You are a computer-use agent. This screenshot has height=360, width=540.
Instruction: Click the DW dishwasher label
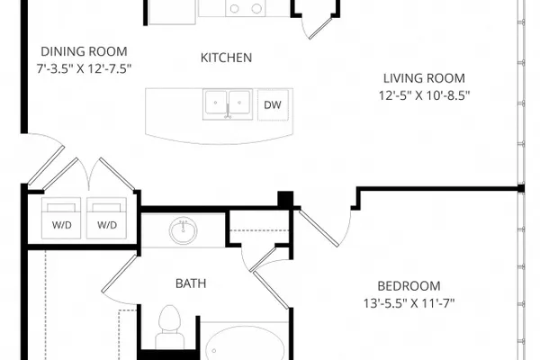(273, 104)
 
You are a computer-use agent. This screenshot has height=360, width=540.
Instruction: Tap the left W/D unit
(61, 218)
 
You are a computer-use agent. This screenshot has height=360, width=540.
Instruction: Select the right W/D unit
(107, 218)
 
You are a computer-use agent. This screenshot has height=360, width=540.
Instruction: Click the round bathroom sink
(184, 230)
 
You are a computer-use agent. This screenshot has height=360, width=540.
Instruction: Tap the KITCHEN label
(226, 58)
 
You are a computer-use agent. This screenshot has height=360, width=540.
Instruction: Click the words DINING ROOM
(84, 51)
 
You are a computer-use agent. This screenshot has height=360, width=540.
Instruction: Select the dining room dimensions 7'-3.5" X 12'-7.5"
(84, 68)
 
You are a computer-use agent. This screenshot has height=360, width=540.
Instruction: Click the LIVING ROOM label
(424, 78)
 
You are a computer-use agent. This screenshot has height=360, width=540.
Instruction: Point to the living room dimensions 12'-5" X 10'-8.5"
(424, 95)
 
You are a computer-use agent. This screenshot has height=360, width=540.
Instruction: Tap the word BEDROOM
(409, 286)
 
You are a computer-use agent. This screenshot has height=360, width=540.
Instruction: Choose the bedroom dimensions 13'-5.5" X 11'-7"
(409, 303)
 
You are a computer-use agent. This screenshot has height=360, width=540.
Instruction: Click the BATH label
(191, 283)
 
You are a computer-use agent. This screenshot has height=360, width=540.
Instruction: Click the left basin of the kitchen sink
(216, 103)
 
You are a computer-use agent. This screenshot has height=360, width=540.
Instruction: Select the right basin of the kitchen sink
(239, 103)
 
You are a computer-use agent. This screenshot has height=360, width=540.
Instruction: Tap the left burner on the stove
(235, 9)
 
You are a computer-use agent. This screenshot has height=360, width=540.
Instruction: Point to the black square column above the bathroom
(285, 199)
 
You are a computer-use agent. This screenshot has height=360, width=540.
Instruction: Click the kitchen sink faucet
(228, 112)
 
